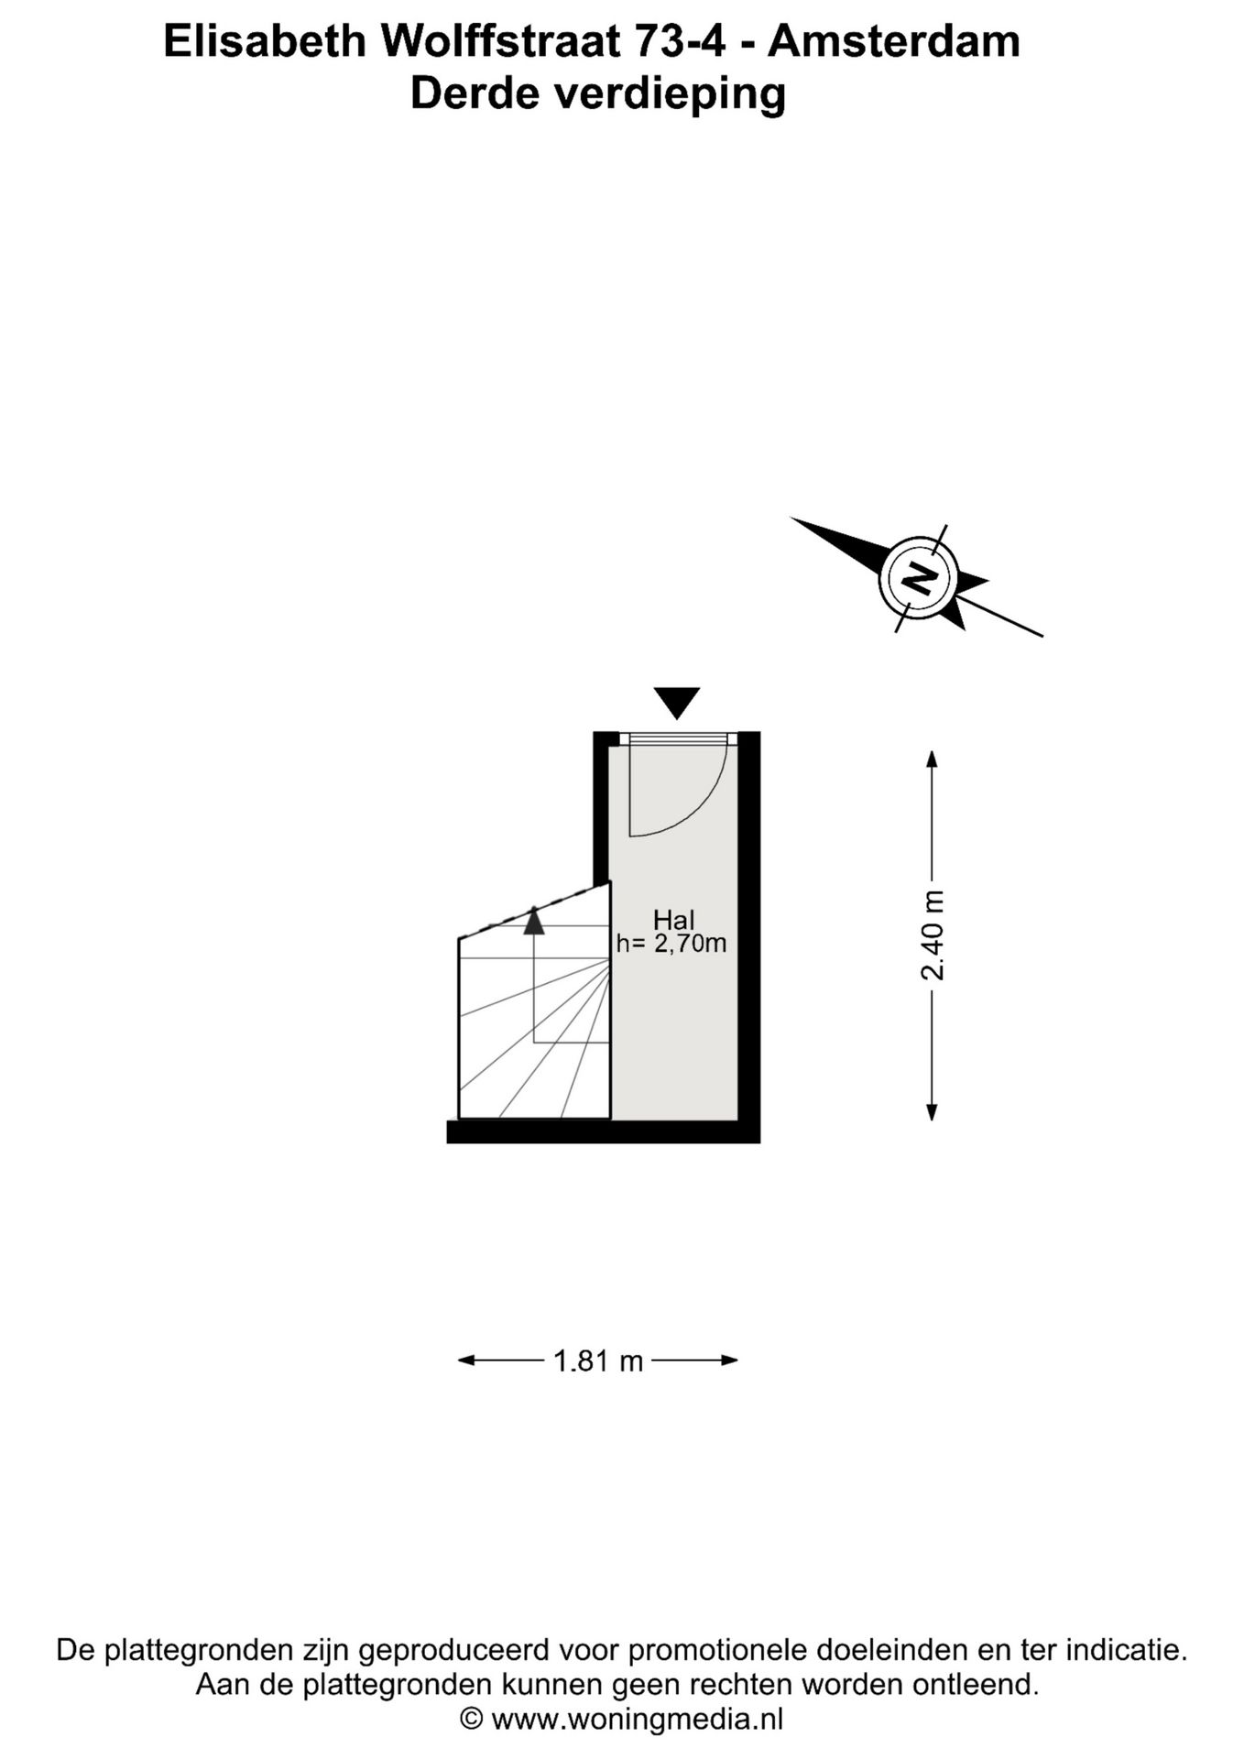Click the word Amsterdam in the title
[893, 41]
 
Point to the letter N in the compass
[919, 578]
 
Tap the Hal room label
[673, 920]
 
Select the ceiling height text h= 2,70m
[671, 943]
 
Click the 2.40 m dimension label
[933, 935]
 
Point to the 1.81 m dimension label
[598, 1360]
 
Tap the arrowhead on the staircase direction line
[534, 920]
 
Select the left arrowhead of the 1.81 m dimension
[467, 1360]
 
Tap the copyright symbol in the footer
[471, 1719]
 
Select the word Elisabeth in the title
[265, 41]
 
